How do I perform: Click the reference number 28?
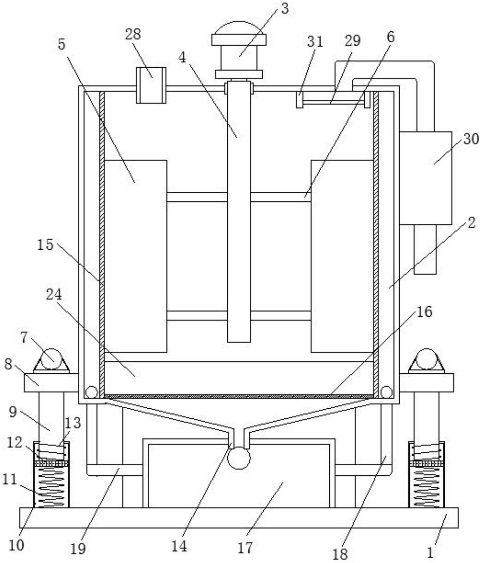click(133, 34)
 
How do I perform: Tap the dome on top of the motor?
click(239, 28)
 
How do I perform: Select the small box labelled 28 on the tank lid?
click(151, 85)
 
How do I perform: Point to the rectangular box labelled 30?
click(426, 178)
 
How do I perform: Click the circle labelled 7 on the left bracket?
click(51, 359)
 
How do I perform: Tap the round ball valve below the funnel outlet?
click(239, 458)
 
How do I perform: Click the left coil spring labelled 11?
click(51, 487)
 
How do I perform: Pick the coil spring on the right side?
click(426, 487)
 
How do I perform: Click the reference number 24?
click(54, 294)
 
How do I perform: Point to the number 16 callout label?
click(424, 312)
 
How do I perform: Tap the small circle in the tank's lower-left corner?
click(91, 392)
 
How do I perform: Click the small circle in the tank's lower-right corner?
click(386, 392)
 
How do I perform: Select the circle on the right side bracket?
click(426, 359)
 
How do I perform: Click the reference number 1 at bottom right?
click(431, 553)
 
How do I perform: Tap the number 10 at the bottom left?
click(16, 546)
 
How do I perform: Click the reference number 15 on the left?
click(45, 245)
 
